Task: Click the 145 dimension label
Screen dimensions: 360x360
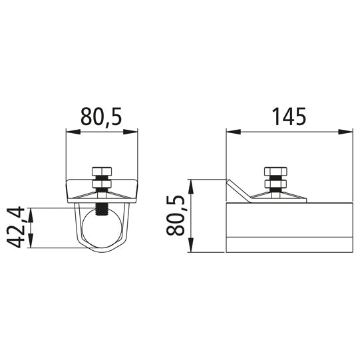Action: (x=289, y=116)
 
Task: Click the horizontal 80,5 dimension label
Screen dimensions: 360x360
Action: (x=100, y=117)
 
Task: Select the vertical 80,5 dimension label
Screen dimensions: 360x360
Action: (x=176, y=216)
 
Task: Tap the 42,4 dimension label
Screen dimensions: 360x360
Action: (x=15, y=227)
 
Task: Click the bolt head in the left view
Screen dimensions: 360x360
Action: (x=102, y=171)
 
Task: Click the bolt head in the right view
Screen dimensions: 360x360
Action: (x=275, y=171)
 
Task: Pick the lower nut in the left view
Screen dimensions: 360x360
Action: (x=102, y=184)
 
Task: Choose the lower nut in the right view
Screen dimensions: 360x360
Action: (x=275, y=184)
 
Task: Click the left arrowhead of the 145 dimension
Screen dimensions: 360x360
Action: (x=234, y=132)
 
